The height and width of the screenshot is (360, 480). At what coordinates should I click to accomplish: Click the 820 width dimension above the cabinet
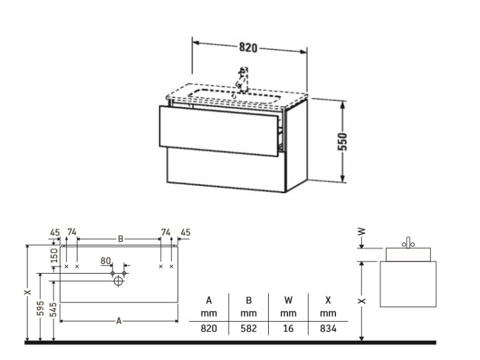[x=248, y=48]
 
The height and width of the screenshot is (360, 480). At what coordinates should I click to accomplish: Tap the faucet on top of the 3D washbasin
[x=242, y=79]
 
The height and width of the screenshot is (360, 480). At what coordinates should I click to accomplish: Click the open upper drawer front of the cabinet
[x=219, y=131]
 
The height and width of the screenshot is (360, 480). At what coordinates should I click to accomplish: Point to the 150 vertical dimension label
[x=54, y=255]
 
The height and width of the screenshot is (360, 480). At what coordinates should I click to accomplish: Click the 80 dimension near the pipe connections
[x=106, y=261]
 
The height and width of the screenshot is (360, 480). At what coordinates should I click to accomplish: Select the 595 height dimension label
[x=41, y=308]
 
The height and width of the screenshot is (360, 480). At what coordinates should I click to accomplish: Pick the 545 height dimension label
[x=53, y=309]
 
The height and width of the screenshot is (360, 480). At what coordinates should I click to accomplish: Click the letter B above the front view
[x=120, y=239]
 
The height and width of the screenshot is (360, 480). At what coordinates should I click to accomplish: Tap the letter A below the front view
[x=119, y=321]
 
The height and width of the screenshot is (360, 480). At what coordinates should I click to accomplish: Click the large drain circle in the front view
[x=118, y=281]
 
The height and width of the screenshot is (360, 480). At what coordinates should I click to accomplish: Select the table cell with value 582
[x=248, y=329]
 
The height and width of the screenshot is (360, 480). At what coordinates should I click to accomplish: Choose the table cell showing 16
[x=289, y=329]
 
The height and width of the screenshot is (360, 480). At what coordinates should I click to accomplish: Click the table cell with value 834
[x=328, y=329]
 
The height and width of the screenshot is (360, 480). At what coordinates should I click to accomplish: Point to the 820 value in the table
[x=209, y=329]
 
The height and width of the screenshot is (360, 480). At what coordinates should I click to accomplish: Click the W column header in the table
[x=289, y=301]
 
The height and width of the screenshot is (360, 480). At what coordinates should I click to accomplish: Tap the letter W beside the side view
[x=362, y=231]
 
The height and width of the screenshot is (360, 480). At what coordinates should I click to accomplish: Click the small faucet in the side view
[x=408, y=242]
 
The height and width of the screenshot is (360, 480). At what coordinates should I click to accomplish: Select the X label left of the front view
[x=28, y=292]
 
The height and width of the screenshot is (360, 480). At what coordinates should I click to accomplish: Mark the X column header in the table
[x=328, y=301]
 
